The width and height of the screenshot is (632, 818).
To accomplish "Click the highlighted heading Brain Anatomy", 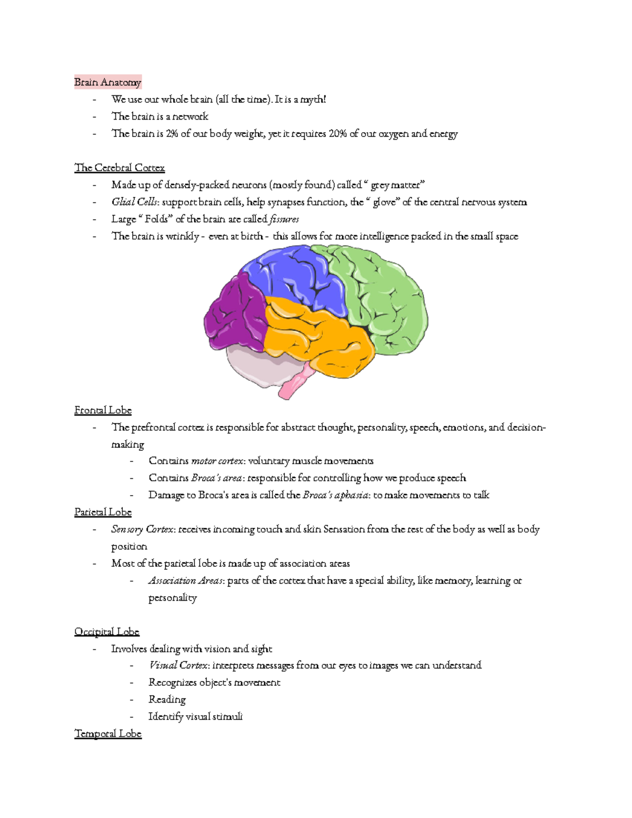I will (x=107, y=82).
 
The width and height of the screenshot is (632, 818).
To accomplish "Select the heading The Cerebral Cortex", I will (x=120, y=168).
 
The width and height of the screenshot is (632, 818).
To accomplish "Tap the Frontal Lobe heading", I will (x=103, y=410).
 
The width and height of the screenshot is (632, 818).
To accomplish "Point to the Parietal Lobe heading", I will (x=103, y=512).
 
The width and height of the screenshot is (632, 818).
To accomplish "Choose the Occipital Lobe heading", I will (x=106, y=632).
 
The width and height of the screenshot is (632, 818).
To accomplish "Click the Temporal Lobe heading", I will (x=108, y=734).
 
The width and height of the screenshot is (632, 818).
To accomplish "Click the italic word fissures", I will (x=284, y=219).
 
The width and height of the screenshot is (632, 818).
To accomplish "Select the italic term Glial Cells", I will (x=134, y=202).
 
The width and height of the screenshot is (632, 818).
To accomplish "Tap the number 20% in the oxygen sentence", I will (x=338, y=134).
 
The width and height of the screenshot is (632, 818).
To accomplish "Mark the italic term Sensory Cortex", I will (x=142, y=529).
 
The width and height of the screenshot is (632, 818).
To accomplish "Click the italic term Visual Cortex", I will (x=179, y=665).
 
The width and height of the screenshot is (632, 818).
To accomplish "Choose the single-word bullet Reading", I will (x=167, y=699).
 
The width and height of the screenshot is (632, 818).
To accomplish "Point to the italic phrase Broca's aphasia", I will (x=335, y=495).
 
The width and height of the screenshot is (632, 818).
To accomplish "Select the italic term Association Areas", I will (x=186, y=580).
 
